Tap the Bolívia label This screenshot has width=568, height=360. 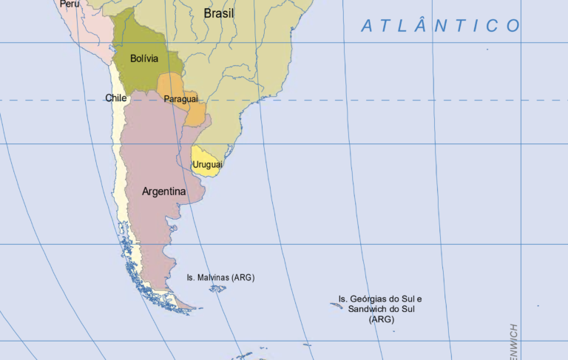[x=143, y=58]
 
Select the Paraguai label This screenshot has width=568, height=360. [x=181, y=98]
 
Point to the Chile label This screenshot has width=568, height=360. [x=116, y=98]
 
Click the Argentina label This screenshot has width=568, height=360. [x=163, y=191]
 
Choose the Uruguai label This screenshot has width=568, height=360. [x=208, y=164]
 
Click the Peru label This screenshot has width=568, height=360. [x=70, y=4]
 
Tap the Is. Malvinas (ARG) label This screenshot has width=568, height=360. [x=220, y=277]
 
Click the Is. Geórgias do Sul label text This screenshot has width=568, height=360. [x=380, y=299]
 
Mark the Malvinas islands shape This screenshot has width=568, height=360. [x=217, y=288]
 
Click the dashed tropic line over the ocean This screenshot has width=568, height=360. [x=407, y=100]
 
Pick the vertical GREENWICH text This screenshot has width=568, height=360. [x=514, y=342]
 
